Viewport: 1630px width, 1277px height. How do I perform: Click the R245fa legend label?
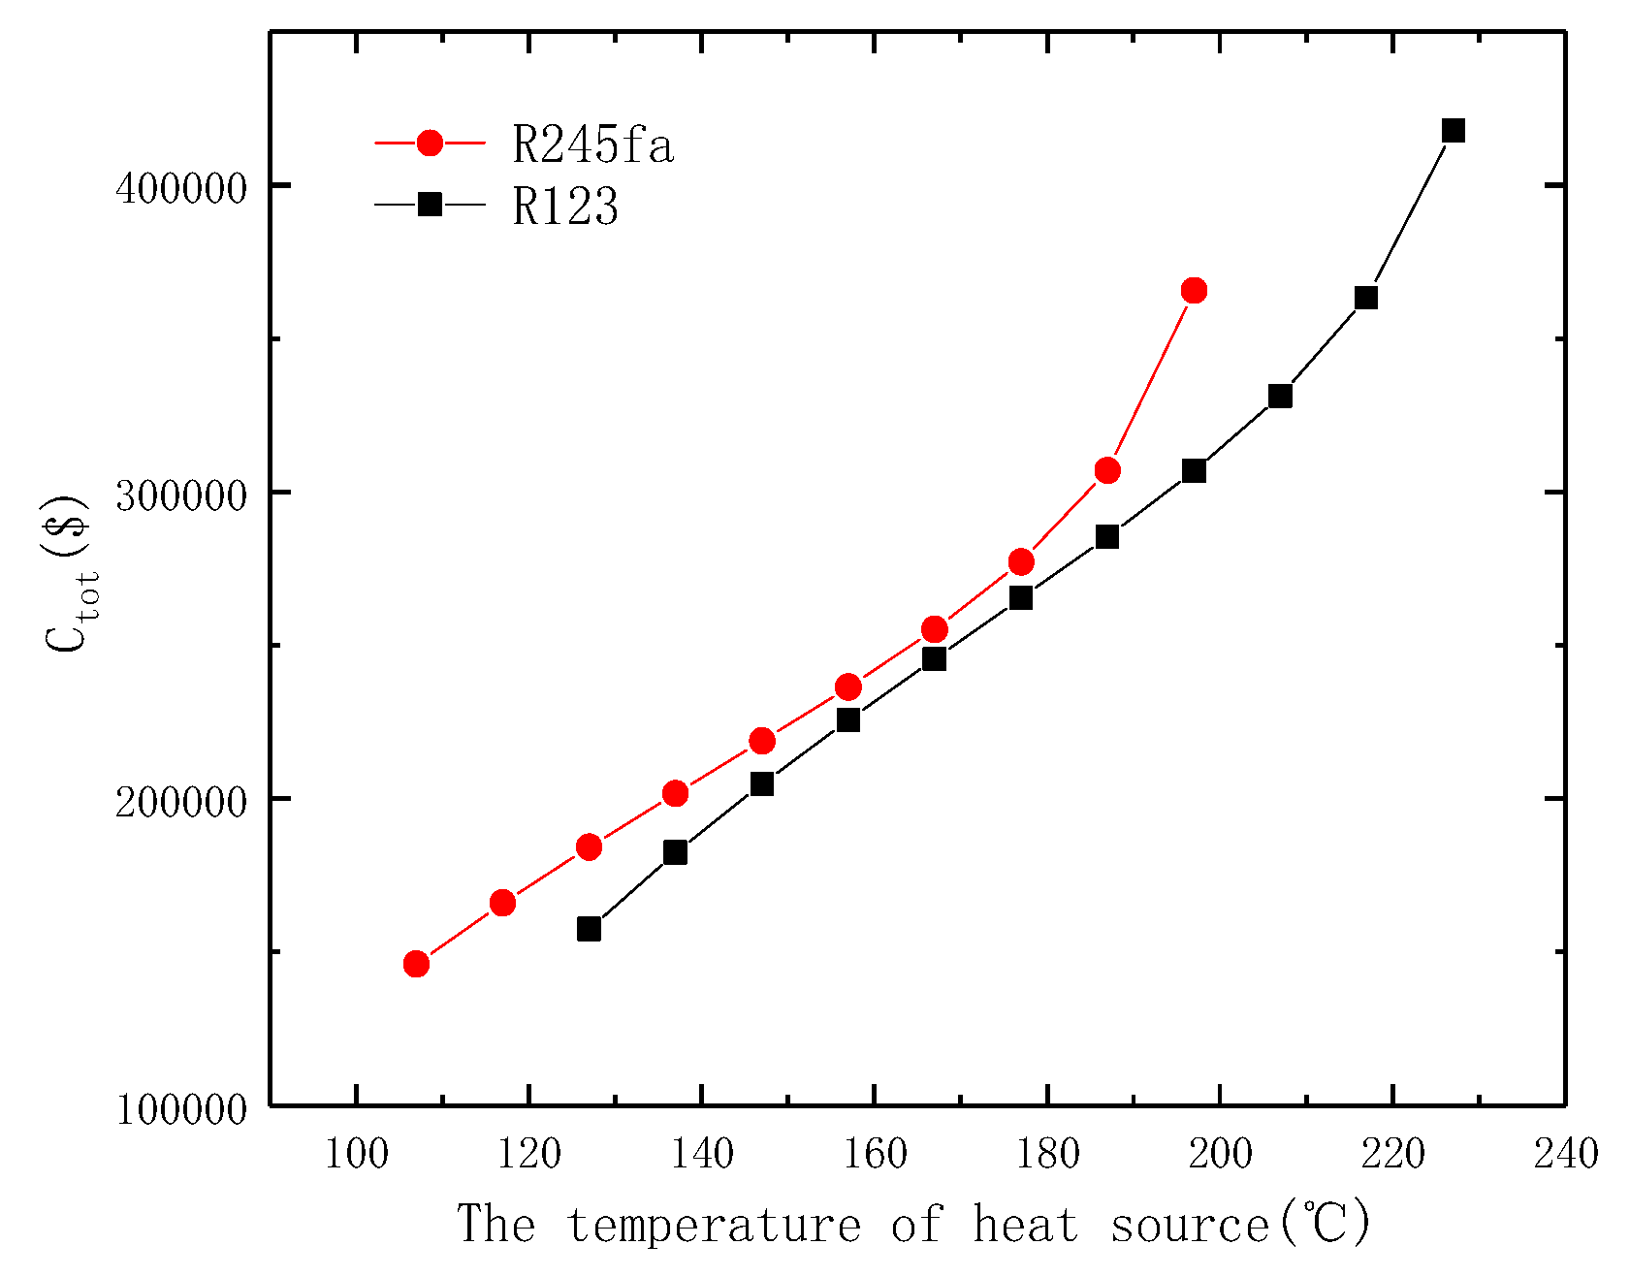591,145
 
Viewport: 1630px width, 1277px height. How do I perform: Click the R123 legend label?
565,206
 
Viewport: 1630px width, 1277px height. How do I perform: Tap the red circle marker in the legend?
430,144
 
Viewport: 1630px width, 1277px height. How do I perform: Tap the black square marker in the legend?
430,204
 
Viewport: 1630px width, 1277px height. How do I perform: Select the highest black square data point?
1453,131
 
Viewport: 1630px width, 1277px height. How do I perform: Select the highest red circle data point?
1194,290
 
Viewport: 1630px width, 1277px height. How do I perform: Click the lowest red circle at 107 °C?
416,963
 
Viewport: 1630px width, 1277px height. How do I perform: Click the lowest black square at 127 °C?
589,929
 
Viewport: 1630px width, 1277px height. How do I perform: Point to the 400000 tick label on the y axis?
181,187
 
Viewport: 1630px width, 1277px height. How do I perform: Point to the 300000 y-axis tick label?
181,495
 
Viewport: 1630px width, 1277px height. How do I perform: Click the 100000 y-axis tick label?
181,1109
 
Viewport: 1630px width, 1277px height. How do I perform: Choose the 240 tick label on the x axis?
1564,1154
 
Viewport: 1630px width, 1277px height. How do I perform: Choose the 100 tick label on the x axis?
356,1154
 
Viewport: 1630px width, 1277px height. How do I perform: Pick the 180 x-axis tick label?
1047,1154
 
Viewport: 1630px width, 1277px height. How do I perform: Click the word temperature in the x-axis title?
714,1225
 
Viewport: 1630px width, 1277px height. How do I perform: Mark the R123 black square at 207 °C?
1280,396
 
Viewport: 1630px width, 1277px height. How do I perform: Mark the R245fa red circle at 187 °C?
1107,470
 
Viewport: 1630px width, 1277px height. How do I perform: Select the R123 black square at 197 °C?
1194,470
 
